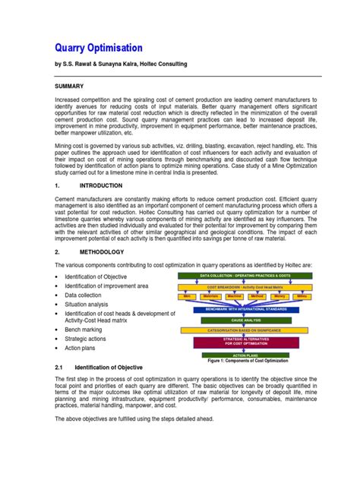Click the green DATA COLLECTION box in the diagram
point(245,276)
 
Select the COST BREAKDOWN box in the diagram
point(245,288)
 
